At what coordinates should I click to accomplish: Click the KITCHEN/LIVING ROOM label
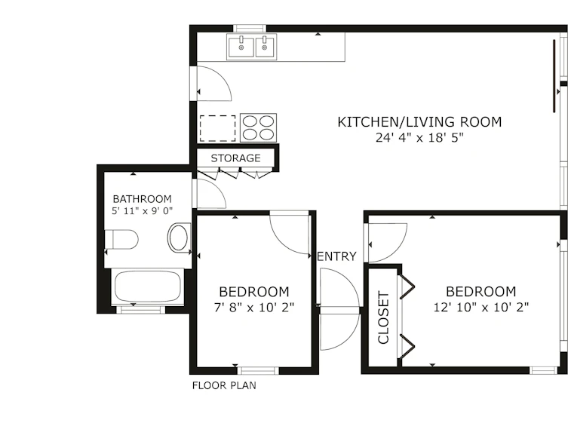419,122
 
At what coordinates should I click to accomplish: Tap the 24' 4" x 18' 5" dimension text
419,138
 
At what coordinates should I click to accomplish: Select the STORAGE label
236,158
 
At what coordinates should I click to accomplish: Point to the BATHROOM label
143,199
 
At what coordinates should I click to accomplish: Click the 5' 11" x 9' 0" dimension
143,211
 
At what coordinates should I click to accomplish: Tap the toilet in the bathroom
121,239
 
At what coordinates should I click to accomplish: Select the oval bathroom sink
179,238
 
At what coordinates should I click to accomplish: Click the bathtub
148,286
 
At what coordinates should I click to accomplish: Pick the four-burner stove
258,127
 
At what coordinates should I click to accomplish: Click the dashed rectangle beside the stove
218,128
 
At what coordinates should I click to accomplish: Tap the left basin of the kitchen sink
241,47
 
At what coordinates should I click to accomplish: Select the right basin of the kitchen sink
266,47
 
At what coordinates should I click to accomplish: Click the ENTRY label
337,256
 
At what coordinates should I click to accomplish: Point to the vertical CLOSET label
383,317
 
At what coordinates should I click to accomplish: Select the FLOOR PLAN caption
224,385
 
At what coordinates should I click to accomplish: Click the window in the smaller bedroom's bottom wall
258,371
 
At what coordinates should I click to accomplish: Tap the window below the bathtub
140,309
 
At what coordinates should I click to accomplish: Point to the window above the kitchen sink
250,28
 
